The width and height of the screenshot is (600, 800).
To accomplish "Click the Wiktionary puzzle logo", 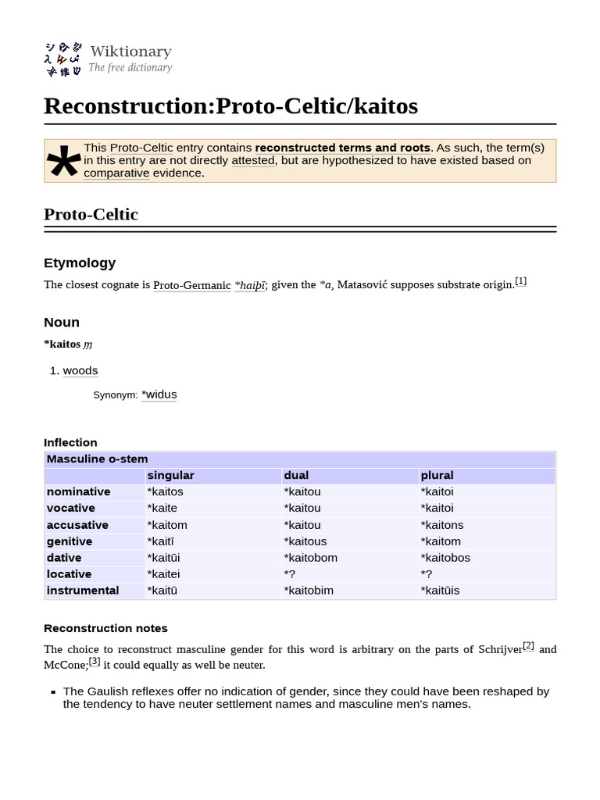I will point(62,59).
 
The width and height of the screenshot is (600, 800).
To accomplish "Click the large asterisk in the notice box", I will point(63,162).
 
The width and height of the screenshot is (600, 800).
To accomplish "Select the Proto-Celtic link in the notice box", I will point(141,148).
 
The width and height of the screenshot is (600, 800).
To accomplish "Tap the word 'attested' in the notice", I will point(253,160).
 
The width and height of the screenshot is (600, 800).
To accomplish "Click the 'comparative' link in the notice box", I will point(116,173).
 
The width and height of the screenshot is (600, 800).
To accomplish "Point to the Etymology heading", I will point(80,262).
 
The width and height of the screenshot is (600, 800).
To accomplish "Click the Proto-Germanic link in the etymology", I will point(192,285).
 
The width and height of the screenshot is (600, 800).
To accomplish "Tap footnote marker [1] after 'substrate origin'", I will point(521,281).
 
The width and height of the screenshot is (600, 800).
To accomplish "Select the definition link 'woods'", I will point(80,370).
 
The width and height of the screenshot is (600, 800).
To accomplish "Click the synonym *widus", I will point(159,395).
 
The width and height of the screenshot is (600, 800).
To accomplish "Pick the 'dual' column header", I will point(296,475).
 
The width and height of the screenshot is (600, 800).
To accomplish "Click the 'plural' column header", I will point(437,475).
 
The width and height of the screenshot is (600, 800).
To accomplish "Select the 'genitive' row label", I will point(70,541).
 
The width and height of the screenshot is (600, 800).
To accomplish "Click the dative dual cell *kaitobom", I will point(310,558).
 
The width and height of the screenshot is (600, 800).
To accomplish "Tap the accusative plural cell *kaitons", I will point(441,525).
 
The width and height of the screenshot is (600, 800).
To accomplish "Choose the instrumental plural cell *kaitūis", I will point(440,591).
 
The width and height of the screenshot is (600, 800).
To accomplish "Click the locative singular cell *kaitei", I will point(163,574).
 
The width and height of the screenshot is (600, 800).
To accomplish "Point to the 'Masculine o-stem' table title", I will point(97,459).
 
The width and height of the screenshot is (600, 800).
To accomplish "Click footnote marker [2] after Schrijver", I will point(529,645).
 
